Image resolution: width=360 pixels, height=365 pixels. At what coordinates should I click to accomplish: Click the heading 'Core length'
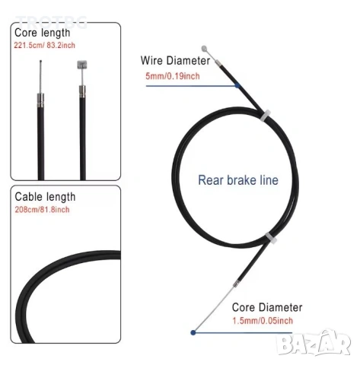pyautogui.click(x=42, y=33)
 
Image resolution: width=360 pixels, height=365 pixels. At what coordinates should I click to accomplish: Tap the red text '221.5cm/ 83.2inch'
pyautogui.click(x=44, y=46)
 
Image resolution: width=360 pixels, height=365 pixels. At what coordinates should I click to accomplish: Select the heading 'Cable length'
pyautogui.click(x=45, y=197)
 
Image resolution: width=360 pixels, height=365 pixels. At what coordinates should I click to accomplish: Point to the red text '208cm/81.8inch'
pyautogui.click(x=42, y=210)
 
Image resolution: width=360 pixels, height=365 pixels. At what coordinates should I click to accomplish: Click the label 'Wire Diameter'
pyautogui.click(x=175, y=61)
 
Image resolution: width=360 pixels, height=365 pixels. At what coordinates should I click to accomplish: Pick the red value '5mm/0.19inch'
pyautogui.click(x=173, y=76)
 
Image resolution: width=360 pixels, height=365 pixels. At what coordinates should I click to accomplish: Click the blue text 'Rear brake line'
pyautogui.click(x=238, y=180)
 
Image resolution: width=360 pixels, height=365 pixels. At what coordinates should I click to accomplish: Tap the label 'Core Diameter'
pyautogui.click(x=267, y=307)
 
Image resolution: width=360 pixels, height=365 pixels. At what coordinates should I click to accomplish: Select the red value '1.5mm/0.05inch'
pyautogui.click(x=263, y=321)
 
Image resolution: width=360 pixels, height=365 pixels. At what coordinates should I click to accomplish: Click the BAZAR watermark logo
pyautogui.click(x=314, y=343)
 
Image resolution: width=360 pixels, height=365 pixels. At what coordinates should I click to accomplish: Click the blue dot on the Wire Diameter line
pyautogui.click(x=237, y=86)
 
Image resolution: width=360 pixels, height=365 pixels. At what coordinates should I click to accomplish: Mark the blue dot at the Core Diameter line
pyautogui.click(x=193, y=332)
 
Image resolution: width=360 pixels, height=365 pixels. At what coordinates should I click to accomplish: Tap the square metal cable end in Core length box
pyautogui.click(x=82, y=65)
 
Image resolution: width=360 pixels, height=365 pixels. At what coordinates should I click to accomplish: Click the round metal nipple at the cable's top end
pyautogui.click(x=204, y=49)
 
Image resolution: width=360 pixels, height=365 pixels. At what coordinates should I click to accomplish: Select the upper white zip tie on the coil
pyautogui.click(x=265, y=116)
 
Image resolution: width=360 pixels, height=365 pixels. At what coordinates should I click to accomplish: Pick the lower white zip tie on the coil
pyautogui.click(x=271, y=238)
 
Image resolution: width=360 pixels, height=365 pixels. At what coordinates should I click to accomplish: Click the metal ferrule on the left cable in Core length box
pyautogui.click(x=41, y=100)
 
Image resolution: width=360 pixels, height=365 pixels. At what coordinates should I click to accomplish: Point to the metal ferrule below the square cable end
pyautogui.click(x=82, y=92)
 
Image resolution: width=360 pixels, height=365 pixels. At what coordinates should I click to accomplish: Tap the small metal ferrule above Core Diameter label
pyautogui.click(x=236, y=284)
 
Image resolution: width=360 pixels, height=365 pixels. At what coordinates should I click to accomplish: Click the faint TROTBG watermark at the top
pyautogui.click(x=52, y=22)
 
